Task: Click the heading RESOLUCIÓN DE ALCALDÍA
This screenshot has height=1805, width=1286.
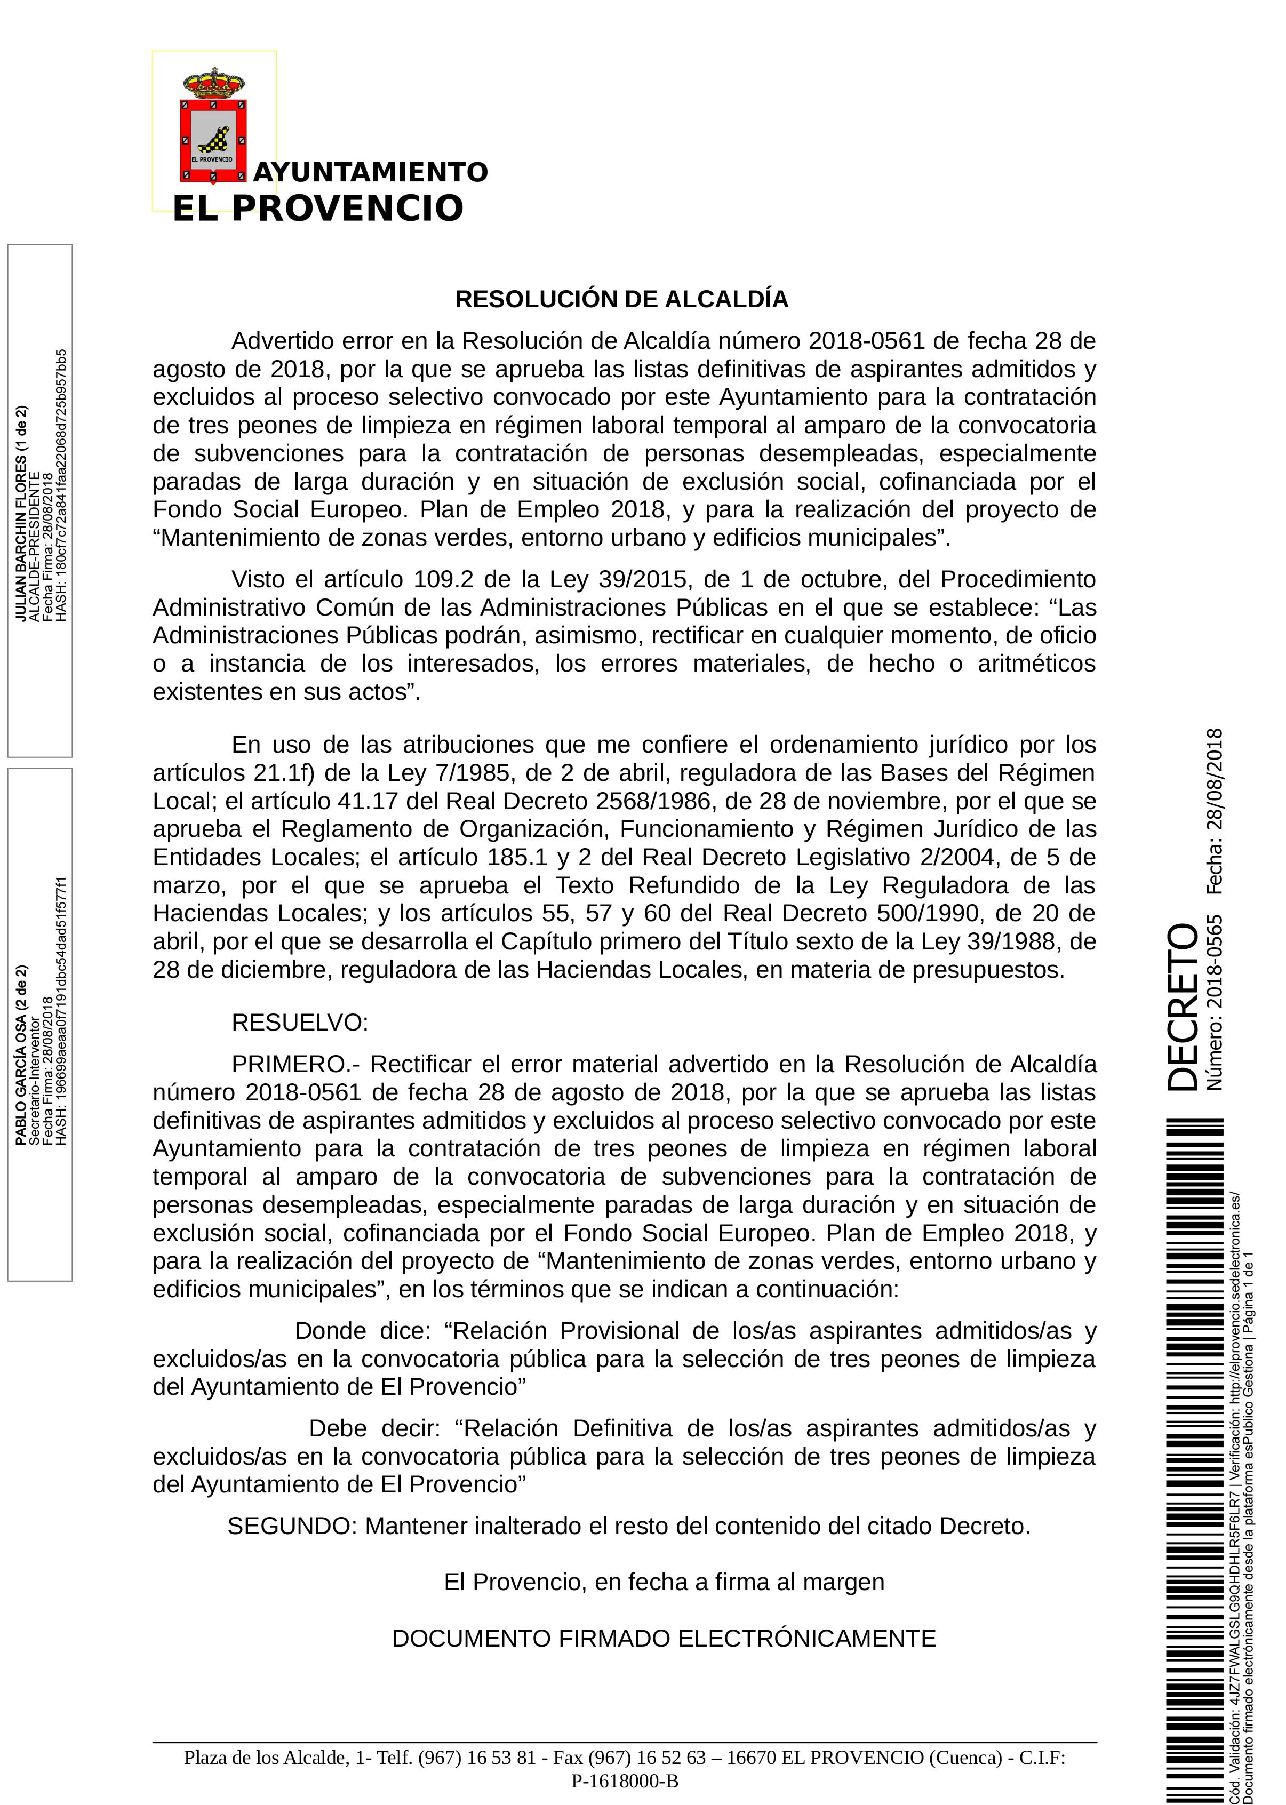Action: point(621,299)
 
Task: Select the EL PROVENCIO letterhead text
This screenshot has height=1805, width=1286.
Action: point(317,208)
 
